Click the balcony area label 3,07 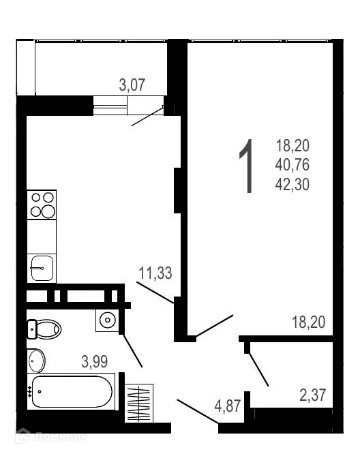coord(133,85)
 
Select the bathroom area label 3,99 coord(95,361)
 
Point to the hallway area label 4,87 coord(228,407)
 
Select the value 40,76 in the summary coord(292,164)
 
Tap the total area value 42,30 coord(292,183)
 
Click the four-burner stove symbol coord(41,204)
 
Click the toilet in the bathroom coord(44,329)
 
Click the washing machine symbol coord(107,320)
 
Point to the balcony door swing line coord(148,115)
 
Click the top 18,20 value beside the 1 coord(292,145)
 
